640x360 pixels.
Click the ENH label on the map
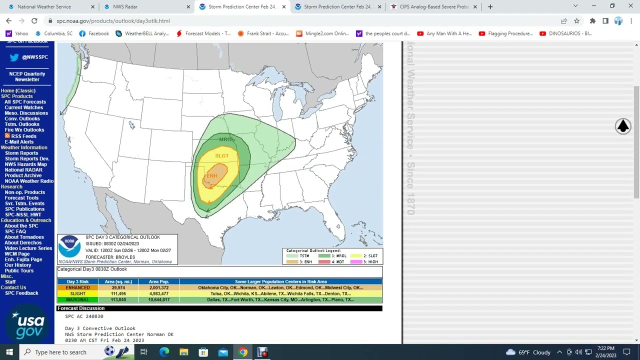tap(212, 175)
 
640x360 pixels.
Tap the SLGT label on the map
tap(221, 156)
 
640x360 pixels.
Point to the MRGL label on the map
tap(226, 139)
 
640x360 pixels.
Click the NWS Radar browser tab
tap(125, 6)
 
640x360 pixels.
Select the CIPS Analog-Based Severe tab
tap(433, 6)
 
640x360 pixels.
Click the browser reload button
tap(34, 21)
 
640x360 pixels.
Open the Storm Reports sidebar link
tap(21, 153)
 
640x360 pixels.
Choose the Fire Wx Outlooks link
tap(24, 130)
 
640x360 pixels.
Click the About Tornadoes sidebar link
tap(24, 237)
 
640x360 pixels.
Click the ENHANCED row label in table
tap(77, 288)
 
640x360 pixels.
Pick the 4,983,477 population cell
tap(158, 294)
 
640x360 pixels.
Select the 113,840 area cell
tap(118, 300)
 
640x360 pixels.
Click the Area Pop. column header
tap(158, 281)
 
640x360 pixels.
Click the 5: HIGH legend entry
tap(368, 262)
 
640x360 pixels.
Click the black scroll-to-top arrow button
tap(622, 126)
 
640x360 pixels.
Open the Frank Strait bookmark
tap(263, 33)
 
